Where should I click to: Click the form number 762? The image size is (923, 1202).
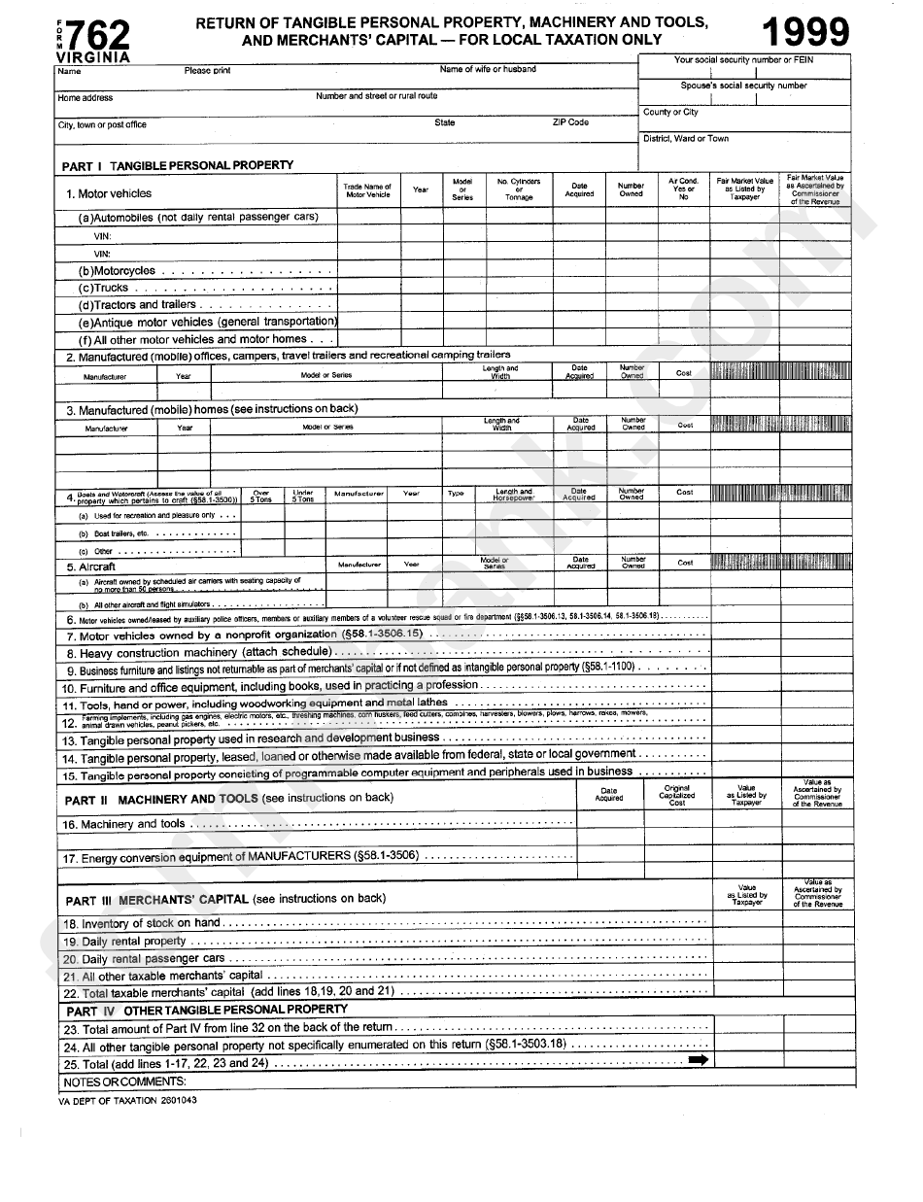click(100, 36)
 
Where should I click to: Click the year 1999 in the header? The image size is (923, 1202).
click(806, 33)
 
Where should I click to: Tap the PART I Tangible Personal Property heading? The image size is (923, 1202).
click(178, 165)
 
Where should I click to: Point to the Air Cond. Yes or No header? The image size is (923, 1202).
click(684, 189)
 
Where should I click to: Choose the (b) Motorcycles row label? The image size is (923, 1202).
click(118, 271)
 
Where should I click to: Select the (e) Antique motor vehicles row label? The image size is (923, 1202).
click(208, 322)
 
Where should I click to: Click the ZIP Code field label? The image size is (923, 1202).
click(570, 123)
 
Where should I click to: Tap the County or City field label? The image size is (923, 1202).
click(670, 113)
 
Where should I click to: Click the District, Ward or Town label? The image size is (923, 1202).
click(685, 139)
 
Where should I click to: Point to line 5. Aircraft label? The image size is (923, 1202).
click(90, 567)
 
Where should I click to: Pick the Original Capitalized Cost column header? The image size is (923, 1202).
click(677, 795)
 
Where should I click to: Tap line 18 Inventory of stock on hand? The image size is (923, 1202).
click(142, 923)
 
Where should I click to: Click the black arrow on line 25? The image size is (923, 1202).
click(698, 1061)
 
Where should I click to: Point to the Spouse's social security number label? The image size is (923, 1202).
click(743, 86)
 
